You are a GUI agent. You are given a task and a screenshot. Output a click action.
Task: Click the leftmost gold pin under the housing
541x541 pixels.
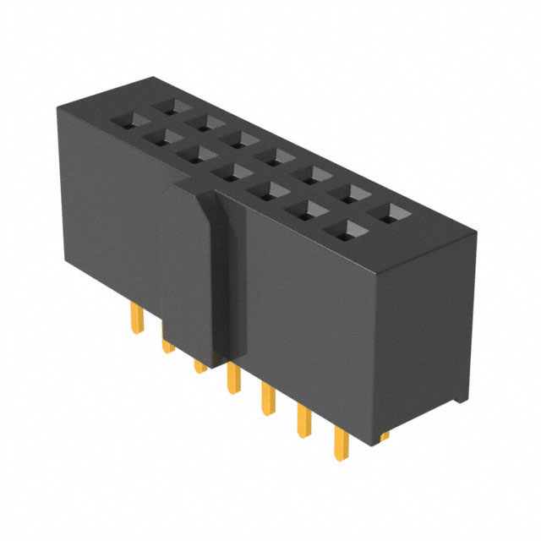(136, 320)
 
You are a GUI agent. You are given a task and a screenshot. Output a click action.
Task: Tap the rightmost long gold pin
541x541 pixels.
(343, 445)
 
